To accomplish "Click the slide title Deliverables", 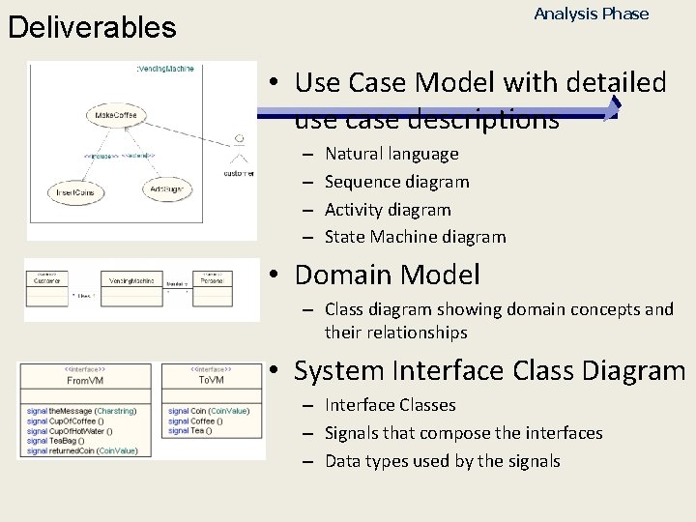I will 92,27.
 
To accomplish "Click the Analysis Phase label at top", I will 591,14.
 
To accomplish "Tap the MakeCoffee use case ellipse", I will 116,117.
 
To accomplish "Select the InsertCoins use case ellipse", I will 74,192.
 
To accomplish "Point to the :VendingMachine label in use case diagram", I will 167,70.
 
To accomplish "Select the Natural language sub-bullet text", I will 391,154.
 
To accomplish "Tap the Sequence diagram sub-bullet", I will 396,182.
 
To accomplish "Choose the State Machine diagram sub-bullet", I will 415,237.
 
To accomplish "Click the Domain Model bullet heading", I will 387,275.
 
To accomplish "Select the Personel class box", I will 212,287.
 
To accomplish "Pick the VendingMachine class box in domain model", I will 132,287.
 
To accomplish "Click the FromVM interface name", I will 87,381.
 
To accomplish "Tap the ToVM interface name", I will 212,381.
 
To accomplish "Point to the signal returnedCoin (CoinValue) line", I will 82,450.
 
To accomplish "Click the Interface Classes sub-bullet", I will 390,405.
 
